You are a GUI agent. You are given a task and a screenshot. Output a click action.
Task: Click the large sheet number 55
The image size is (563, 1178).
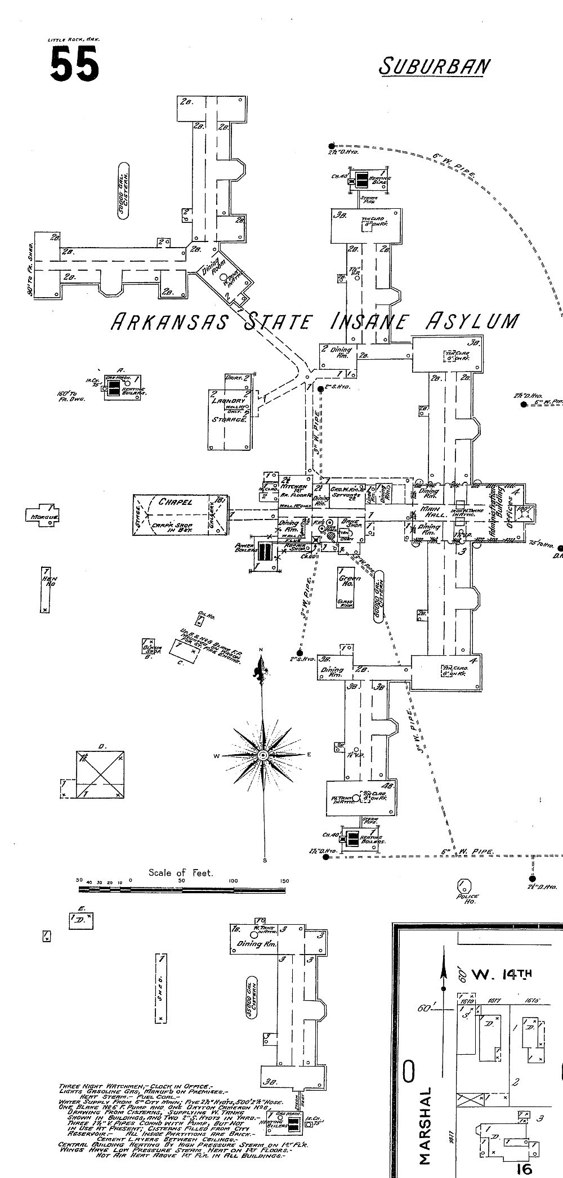point(74,63)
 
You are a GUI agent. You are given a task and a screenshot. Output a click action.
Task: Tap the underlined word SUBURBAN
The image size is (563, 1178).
point(434,66)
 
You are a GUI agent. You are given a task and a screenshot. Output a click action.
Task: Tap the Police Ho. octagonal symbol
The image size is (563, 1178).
point(464,884)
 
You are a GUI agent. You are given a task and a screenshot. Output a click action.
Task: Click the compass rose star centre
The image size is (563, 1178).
point(262,755)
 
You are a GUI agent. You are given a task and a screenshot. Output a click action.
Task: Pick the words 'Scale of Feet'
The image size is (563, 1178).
point(181,873)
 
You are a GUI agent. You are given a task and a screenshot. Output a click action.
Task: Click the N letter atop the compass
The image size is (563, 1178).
point(261,651)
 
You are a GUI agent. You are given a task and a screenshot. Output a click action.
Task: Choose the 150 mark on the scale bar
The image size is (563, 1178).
point(284,881)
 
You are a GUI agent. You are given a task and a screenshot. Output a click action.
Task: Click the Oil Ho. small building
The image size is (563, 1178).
point(199,620)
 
